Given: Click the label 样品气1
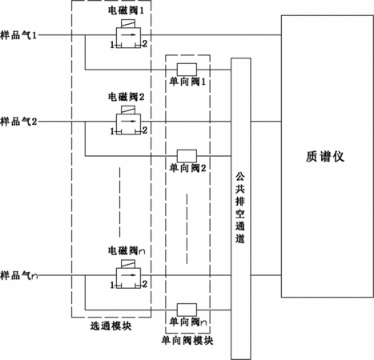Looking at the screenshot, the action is coord(18,35).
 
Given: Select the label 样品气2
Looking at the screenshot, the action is coord(18,122).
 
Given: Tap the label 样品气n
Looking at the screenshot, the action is coord(19,275).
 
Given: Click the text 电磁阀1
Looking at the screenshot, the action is coord(126,10).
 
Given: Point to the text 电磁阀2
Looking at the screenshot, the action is coord(126,97).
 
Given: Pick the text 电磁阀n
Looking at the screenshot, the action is coord(127,250).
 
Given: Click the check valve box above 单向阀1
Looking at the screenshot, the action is coord(187,70).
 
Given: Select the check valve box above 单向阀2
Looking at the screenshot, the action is coord(187,156).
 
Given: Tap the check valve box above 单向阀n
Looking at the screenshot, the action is coord(187,310).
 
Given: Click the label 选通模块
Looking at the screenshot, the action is coord(111,326).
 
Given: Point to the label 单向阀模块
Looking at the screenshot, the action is coord(187,341).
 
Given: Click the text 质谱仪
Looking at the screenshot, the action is coord(325,157).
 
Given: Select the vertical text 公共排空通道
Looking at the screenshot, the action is coord(240,208).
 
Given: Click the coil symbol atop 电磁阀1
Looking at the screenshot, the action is coord(128,23).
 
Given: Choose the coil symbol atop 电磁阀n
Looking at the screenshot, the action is coord(128,264).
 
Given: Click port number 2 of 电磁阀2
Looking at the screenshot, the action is coord(145,130).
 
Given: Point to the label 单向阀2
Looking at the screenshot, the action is coord(187,168).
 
